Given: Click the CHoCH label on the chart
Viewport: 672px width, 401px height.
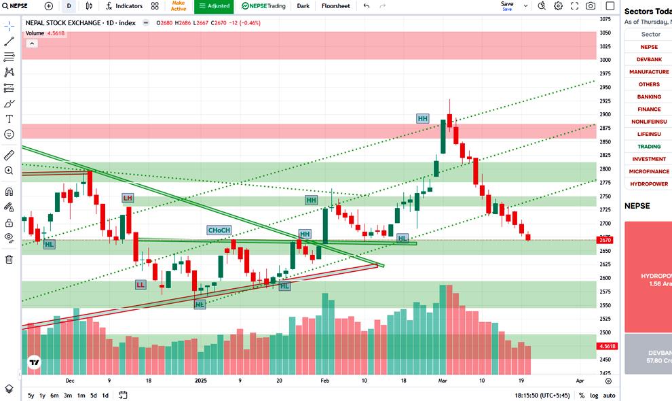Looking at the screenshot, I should (x=219, y=230).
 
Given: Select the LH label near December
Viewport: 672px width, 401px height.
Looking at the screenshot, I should (x=128, y=198).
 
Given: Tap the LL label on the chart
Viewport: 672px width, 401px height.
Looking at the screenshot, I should (x=141, y=284).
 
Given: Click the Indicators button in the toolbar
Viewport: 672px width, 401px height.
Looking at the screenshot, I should (x=124, y=6).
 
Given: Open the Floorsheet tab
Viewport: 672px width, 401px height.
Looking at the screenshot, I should (x=335, y=6).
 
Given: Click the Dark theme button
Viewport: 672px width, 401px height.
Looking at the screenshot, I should (x=303, y=6).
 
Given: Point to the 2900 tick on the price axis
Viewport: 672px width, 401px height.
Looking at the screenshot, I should (x=605, y=114).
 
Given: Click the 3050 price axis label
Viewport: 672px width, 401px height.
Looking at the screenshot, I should (x=605, y=33).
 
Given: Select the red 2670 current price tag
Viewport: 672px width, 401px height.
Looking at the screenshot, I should (x=605, y=240).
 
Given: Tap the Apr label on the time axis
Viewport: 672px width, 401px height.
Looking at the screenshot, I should (x=580, y=381).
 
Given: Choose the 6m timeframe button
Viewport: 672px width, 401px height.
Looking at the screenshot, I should (x=54, y=396).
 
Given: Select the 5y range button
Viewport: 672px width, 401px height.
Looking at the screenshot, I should (x=31, y=396).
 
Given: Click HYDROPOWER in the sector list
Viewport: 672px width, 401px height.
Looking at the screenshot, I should (x=649, y=184).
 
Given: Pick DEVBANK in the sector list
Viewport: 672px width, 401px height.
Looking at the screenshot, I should (x=649, y=59).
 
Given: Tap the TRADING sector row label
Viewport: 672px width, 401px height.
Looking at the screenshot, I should (x=649, y=147).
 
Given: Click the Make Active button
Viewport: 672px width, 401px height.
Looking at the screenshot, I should (x=178, y=6).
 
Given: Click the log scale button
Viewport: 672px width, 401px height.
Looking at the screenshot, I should (x=595, y=396).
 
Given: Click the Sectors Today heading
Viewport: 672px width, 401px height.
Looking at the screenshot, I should (x=648, y=12).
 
